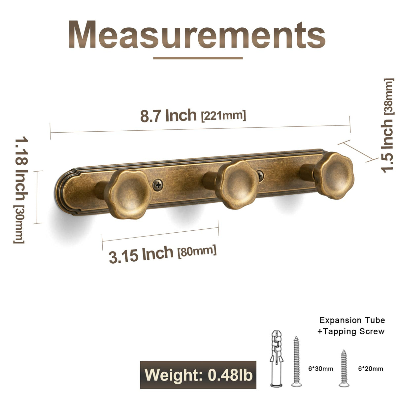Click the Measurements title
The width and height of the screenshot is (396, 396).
[x=197, y=34]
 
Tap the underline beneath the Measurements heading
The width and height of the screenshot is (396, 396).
[x=198, y=58]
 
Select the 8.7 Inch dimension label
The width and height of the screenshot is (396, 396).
[x=168, y=115]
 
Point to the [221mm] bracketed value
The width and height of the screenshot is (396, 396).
[x=223, y=116]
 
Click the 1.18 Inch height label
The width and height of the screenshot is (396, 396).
[x=21, y=169]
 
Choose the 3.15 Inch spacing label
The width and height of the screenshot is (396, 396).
[x=141, y=255]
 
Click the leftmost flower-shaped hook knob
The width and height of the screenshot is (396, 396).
[x=129, y=194]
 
